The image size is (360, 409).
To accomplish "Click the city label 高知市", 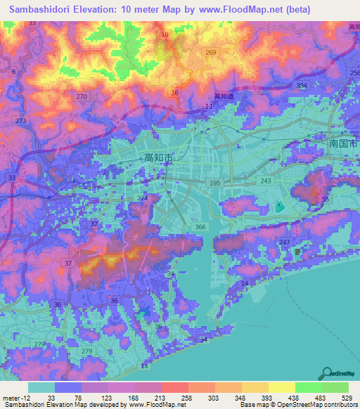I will [158, 159].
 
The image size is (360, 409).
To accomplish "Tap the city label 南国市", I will [343, 143].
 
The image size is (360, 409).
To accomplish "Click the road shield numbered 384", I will [302, 86].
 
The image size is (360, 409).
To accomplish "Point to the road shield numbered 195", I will [215, 183].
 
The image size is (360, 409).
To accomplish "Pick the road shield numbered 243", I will [265, 181].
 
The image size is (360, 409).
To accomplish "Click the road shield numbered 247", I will [284, 242].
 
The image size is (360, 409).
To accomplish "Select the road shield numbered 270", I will [82, 96].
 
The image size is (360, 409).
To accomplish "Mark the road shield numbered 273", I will [20, 121].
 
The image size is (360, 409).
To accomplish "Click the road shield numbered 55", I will [325, 200].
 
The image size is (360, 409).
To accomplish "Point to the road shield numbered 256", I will [354, 73].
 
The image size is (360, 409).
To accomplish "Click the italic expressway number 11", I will [208, 106].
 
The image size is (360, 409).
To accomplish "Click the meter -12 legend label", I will [15, 398].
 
